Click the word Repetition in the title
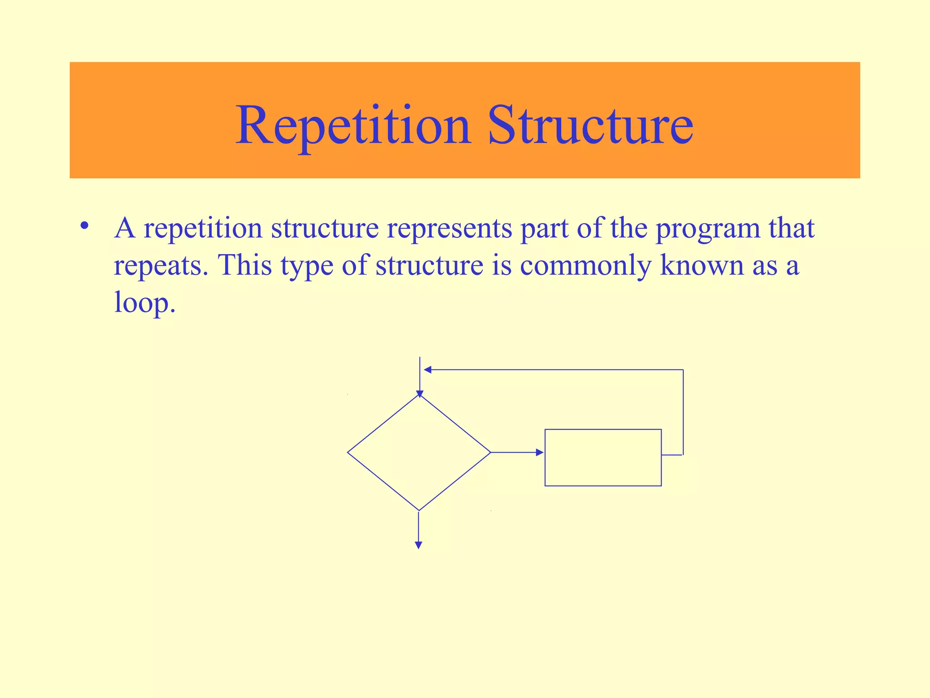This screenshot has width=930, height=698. (x=353, y=125)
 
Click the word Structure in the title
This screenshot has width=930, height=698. (x=590, y=125)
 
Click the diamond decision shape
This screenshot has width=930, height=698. (x=419, y=453)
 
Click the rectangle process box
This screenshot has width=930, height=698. (x=603, y=457)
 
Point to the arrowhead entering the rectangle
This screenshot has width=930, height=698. (x=540, y=453)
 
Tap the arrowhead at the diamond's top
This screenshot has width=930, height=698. (x=420, y=394)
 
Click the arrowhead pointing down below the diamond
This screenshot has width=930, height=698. (x=419, y=545)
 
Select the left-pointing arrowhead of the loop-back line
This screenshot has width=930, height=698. (x=427, y=370)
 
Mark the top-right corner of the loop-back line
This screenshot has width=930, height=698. (x=683, y=370)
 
